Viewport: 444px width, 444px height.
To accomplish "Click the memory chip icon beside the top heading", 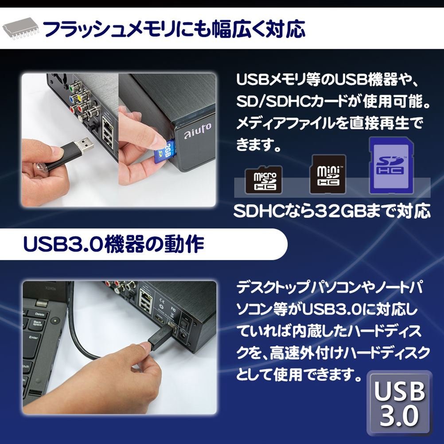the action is tap(20, 29).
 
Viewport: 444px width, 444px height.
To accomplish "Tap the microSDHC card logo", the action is tap(264, 180).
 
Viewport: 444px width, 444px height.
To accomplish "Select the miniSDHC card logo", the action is tap(327, 174).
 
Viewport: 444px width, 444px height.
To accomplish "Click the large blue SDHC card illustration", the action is tap(392, 165).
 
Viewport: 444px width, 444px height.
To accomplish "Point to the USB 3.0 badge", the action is tap(400, 403).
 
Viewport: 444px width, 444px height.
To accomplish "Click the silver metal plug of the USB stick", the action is tap(85, 144).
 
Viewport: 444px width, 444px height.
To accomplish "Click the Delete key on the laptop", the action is tap(39, 314).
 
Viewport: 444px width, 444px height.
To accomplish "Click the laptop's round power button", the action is tap(55, 321).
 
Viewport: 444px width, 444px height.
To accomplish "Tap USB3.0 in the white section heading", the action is tap(63, 244).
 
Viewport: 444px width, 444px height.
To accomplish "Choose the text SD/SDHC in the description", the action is tap(273, 101).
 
